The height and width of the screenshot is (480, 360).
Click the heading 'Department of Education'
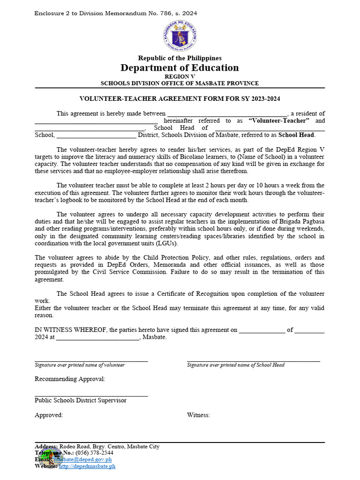point(180,68)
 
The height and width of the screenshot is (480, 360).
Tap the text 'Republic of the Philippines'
point(180,58)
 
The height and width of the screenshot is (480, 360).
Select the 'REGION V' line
point(180,76)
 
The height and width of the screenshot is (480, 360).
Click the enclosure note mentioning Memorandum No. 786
point(116,13)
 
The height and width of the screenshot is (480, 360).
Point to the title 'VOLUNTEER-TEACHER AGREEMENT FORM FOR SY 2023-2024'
point(180,98)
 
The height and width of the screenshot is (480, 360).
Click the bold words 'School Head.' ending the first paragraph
point(297,135)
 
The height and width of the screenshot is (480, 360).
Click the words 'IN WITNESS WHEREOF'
point(67,330)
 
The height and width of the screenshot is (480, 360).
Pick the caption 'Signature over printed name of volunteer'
point(80,365)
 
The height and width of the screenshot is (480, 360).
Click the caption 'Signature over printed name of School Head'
point(235,365)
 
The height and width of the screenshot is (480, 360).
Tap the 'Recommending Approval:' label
point(70,379)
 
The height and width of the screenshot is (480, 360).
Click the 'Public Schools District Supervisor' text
point(81,400)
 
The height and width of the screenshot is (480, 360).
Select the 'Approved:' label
point(49,415)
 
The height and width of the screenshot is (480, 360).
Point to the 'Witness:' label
point(198,415)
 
